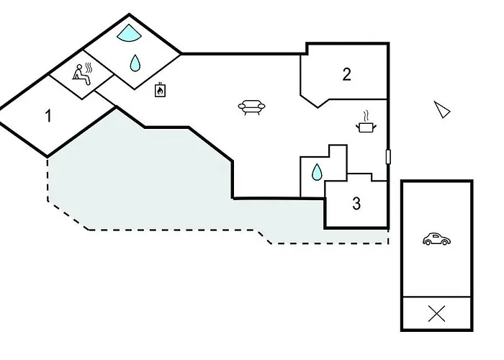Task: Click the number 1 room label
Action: click(x=48, y=115)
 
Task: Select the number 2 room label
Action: click(x=346, y=73)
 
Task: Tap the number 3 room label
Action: click(x=356, y=204)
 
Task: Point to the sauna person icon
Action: click(x=81, y=75)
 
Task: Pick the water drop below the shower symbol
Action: click(x=135, y=63)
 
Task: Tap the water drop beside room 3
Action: click(x=316, y=172)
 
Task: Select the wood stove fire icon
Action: click(x=160, y=90)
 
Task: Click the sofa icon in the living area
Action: click(x=251, y=107)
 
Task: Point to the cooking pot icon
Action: click(x=366, y=127)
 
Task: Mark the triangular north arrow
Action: click(x=441, y=109)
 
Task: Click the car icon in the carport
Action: click(x=436, y=239)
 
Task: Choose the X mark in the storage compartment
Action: click(x=436, y=314)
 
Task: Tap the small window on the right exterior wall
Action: click(x=388, y=156)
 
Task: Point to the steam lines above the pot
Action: click(x=366, y=115)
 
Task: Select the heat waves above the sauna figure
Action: click(x=87, y=68)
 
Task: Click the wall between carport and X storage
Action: click(x=436, y=297)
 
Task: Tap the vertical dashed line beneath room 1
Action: click(x=48, y=176)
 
